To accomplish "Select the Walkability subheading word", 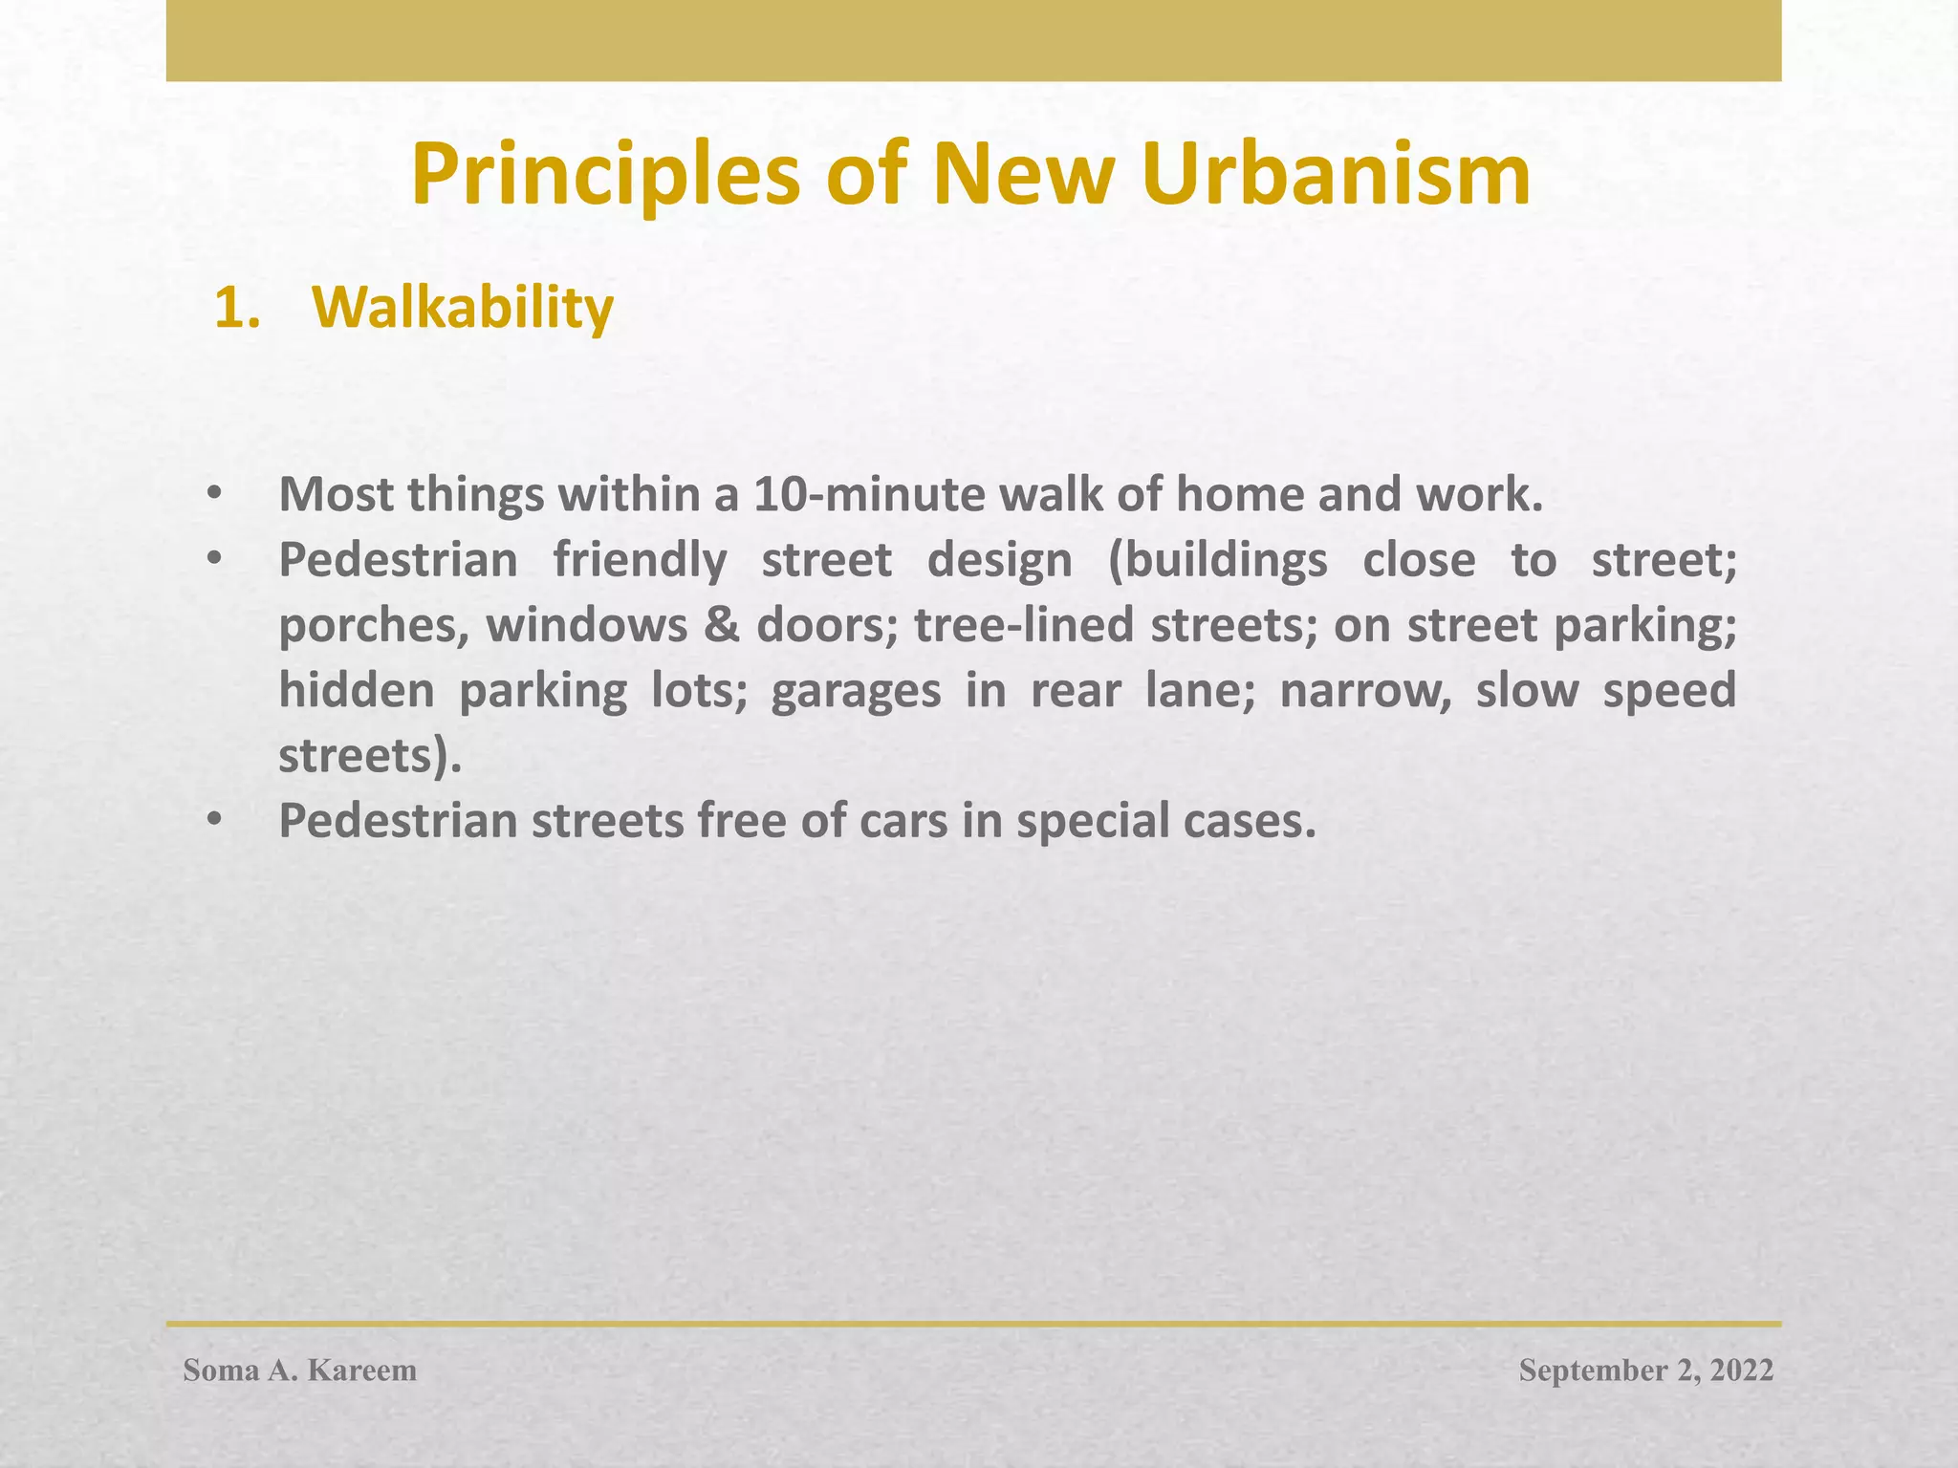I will (x=463, y=308).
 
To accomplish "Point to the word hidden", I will (x=357, y=690).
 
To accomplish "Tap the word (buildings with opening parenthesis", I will (x=1217, y=561).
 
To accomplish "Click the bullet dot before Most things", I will (x=213, y=495).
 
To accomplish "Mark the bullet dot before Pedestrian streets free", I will (x=213, y=821).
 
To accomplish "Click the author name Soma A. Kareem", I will (x=300, y=1371).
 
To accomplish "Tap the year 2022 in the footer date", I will (x=1741, y=1371).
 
